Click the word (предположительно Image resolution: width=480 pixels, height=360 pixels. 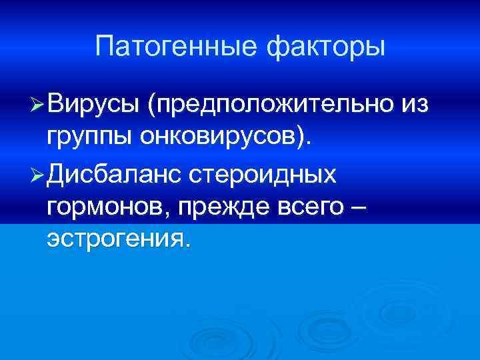pos(271,105)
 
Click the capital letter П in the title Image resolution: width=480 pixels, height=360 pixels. pos(105,47)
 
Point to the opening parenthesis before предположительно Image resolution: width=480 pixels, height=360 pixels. pos(152,105)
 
